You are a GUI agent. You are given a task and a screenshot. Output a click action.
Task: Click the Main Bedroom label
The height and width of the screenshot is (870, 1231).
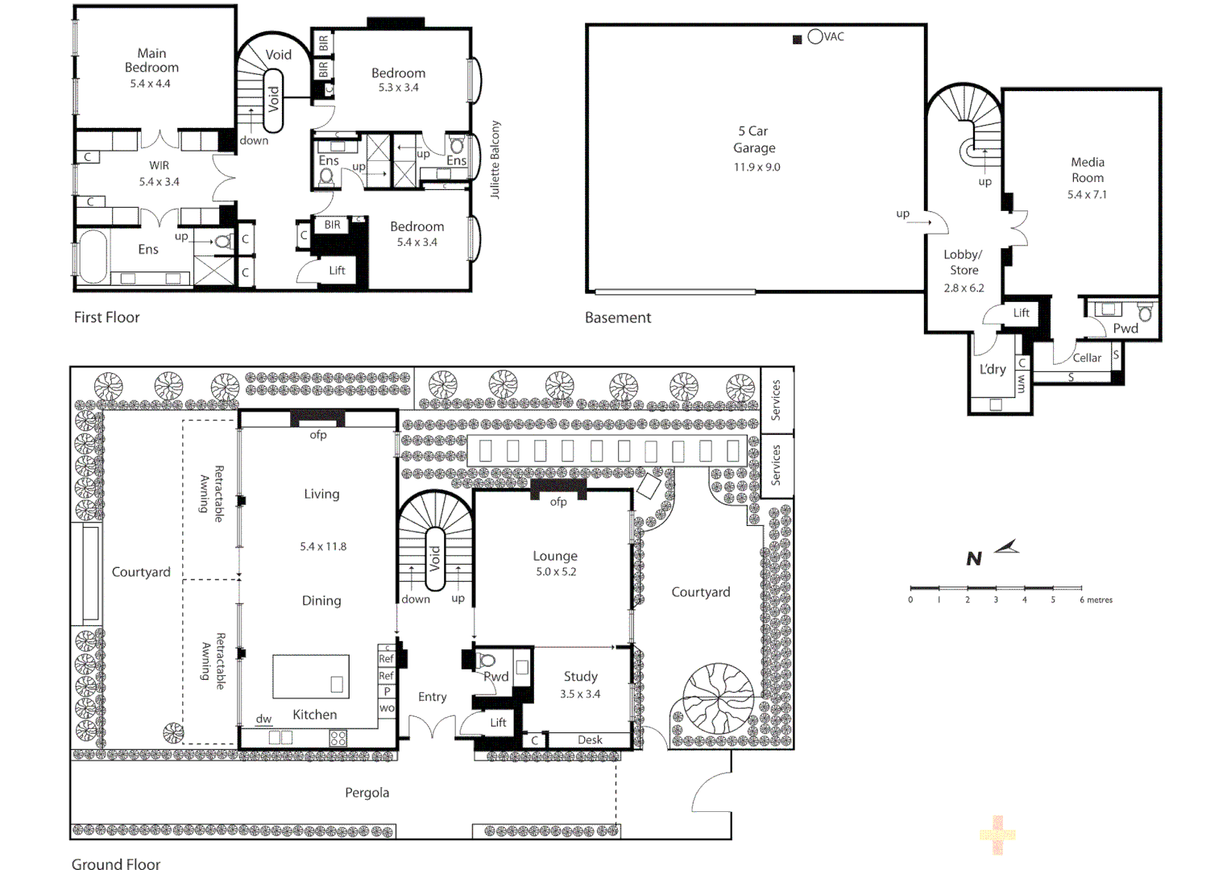click(x=151, y=60)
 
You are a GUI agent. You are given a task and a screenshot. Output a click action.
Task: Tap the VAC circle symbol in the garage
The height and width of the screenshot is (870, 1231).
click(x=814, y=36)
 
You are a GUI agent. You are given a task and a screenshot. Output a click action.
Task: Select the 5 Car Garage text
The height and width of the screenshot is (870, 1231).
click(x=754, y=139)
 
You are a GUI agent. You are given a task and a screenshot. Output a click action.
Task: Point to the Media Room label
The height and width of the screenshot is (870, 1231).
click(x=1087, y=170)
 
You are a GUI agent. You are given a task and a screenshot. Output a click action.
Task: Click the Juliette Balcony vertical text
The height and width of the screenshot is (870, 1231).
click(x=495, y=159)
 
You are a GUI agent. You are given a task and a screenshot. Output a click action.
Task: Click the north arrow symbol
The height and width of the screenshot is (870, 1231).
click(x=1006, y=548)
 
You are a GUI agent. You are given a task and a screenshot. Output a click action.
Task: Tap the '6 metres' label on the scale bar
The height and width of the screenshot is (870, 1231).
click(x=1096, y=600)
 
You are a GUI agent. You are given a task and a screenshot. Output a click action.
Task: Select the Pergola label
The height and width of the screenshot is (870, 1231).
click(x=367, y=793)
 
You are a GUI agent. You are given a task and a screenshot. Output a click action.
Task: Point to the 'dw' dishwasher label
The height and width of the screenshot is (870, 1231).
click(x=263, y=719)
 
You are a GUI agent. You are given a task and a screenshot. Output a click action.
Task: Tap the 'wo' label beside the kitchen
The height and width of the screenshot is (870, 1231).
click(x=387, y=708)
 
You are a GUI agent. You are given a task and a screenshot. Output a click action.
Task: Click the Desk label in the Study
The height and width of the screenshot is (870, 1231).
click(x=590, y=739)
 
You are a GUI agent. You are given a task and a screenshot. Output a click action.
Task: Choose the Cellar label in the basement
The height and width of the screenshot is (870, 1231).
click(x=1086, y=358)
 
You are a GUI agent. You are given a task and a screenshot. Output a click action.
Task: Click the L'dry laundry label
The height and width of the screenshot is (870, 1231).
click(x=993, y=369)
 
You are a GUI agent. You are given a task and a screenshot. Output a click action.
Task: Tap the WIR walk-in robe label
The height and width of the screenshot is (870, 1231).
click(x=159, y=165)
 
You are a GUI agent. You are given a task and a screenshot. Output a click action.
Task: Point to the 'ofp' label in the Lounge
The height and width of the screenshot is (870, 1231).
click(x=558, y=502)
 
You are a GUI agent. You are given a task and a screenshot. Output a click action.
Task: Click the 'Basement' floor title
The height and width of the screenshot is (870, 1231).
click(x=618, y=317)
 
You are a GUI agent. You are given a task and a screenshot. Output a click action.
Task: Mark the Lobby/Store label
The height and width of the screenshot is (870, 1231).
click(x=964, y=263)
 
